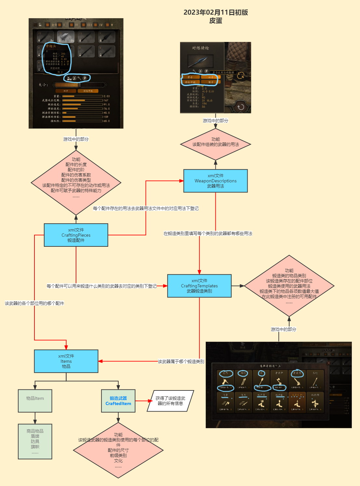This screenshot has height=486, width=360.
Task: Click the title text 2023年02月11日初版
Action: [215, 12]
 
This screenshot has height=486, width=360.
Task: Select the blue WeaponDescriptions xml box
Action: [215, 181]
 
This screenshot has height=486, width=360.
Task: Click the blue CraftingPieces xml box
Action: [76, 235]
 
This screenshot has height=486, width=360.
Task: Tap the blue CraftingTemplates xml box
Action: [199, 286]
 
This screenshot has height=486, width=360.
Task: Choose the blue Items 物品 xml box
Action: [66, 361]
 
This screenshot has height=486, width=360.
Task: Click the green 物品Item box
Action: [35, 401]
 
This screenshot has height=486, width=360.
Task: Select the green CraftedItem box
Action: [118, 401]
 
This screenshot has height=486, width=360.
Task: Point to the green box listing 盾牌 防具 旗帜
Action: [35, 441]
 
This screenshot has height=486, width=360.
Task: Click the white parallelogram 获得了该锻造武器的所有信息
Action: [170, 401]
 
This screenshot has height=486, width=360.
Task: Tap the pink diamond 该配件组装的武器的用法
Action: [215, 144]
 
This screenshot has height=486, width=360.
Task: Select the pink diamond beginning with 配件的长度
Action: [76, 182]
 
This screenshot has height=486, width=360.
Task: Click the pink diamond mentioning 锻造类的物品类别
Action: [289, 286]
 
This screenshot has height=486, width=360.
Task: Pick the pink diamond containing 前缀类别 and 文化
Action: [118, 450]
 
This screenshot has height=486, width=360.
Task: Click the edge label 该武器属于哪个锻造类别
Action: [181, 361]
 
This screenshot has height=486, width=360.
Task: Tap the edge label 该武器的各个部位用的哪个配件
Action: [34, 303]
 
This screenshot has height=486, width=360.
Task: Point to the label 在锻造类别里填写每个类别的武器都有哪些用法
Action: [208, 233]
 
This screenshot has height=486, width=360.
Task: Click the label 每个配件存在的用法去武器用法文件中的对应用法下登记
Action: [146, 208]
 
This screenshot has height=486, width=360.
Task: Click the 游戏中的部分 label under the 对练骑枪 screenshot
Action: [215, 121]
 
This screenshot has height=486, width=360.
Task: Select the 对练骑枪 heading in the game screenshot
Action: [200, 48]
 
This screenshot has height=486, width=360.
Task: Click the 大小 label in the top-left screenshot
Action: [43, 85]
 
